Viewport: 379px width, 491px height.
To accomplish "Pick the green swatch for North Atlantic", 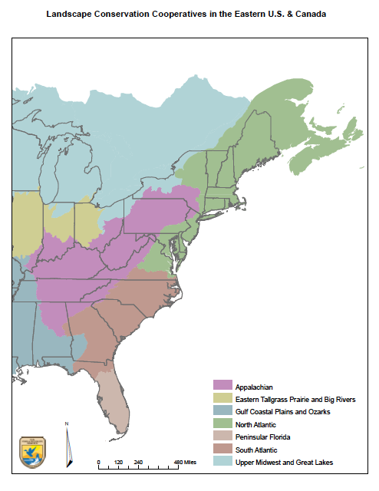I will (222, 424).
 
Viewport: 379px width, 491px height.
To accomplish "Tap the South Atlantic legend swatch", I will (222, 450).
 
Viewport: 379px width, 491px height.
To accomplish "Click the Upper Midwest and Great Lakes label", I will (284, 462).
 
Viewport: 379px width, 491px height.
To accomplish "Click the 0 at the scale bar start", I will (99, 462).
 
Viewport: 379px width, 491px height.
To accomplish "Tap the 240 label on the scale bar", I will (139, 462).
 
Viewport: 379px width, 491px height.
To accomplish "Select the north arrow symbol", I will (68, 445).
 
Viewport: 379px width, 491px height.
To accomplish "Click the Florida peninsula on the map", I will (113, 391).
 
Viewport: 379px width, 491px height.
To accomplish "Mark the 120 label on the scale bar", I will (118, 462).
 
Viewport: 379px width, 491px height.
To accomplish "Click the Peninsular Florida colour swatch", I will (222, 437).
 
